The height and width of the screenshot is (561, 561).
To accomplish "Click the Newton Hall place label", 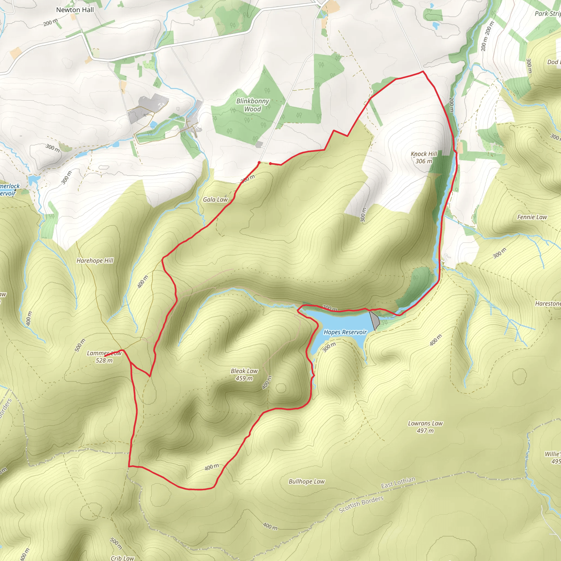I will click(75, 10).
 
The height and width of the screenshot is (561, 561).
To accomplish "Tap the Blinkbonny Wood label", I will click(252, 105).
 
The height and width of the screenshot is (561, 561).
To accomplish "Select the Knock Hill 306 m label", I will click(424, 158).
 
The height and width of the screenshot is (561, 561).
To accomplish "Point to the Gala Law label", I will click(215, 199).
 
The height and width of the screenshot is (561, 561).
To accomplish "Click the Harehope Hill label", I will click(95, 261).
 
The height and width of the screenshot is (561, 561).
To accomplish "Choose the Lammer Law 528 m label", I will click(104, 357).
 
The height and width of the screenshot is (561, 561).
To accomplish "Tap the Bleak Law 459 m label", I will click(244, 374).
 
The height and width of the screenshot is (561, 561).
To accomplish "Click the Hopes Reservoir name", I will click(345, 332).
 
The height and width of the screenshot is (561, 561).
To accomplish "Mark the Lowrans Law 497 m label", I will click(425, 427).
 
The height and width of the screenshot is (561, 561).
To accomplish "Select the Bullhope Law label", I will click(306, 482).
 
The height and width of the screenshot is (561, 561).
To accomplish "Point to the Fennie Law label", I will click(532, 217).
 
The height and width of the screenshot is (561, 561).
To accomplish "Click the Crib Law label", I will click(122, 558).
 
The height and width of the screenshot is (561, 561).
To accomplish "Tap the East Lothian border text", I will click(398, 482).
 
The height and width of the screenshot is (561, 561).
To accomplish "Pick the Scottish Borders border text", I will click(361, 504).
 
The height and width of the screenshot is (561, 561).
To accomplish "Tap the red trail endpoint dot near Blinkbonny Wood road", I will click(259, 162).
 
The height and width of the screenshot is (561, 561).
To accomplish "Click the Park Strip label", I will click(548, 14).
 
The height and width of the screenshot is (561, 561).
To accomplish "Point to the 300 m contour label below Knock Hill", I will click(363, 214).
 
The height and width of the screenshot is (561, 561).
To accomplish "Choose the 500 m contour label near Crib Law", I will click(116, 543).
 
